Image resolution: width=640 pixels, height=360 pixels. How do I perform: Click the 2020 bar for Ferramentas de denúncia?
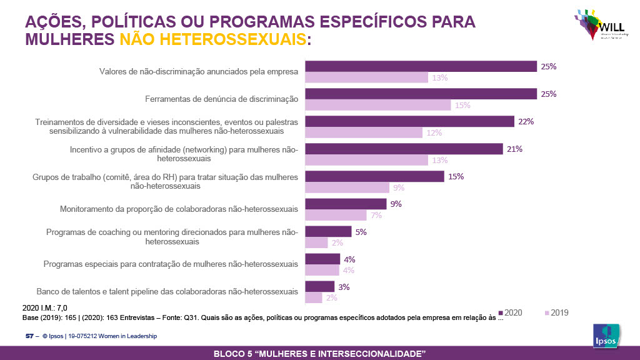pos(421,94)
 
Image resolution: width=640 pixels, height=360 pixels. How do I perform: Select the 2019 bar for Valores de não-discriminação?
pos(366,77)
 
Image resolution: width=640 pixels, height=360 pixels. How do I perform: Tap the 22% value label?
pos(526,122)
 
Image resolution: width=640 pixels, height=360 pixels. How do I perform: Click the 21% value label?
pos(514,149)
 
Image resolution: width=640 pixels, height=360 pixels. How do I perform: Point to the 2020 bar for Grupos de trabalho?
pos(374,176)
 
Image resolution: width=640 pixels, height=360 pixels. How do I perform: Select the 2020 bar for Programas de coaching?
pos(328,231)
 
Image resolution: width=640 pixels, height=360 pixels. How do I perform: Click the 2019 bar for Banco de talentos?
pos(314,298)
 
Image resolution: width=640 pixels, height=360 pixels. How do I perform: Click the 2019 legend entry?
pos(556,312)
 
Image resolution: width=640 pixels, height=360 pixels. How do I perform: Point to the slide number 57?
pos(29,336)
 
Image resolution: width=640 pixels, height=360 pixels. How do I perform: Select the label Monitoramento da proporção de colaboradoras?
pos(178,209)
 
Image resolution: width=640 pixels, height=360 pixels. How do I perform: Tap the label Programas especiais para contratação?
pos(171,264)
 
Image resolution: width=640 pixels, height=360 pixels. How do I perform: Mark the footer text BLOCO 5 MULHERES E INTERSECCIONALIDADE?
pos(319,354)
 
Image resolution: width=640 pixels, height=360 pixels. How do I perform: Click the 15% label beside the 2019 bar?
pos(462,106)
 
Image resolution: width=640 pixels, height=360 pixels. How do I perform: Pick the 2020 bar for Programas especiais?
pos(322,259)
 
